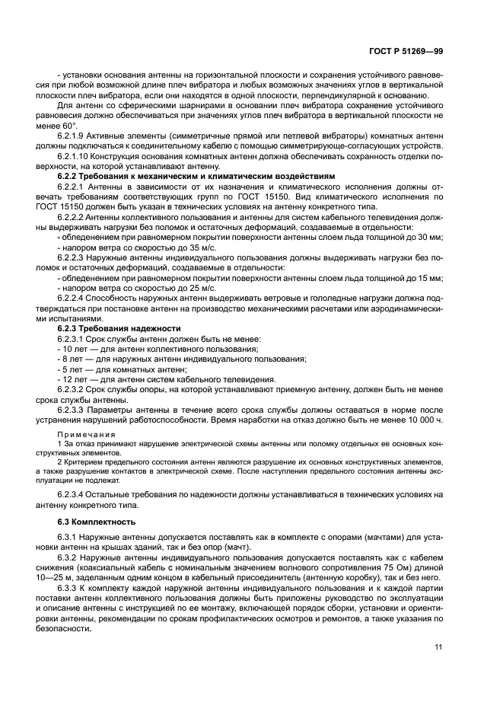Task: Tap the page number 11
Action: [x=439, y=647]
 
